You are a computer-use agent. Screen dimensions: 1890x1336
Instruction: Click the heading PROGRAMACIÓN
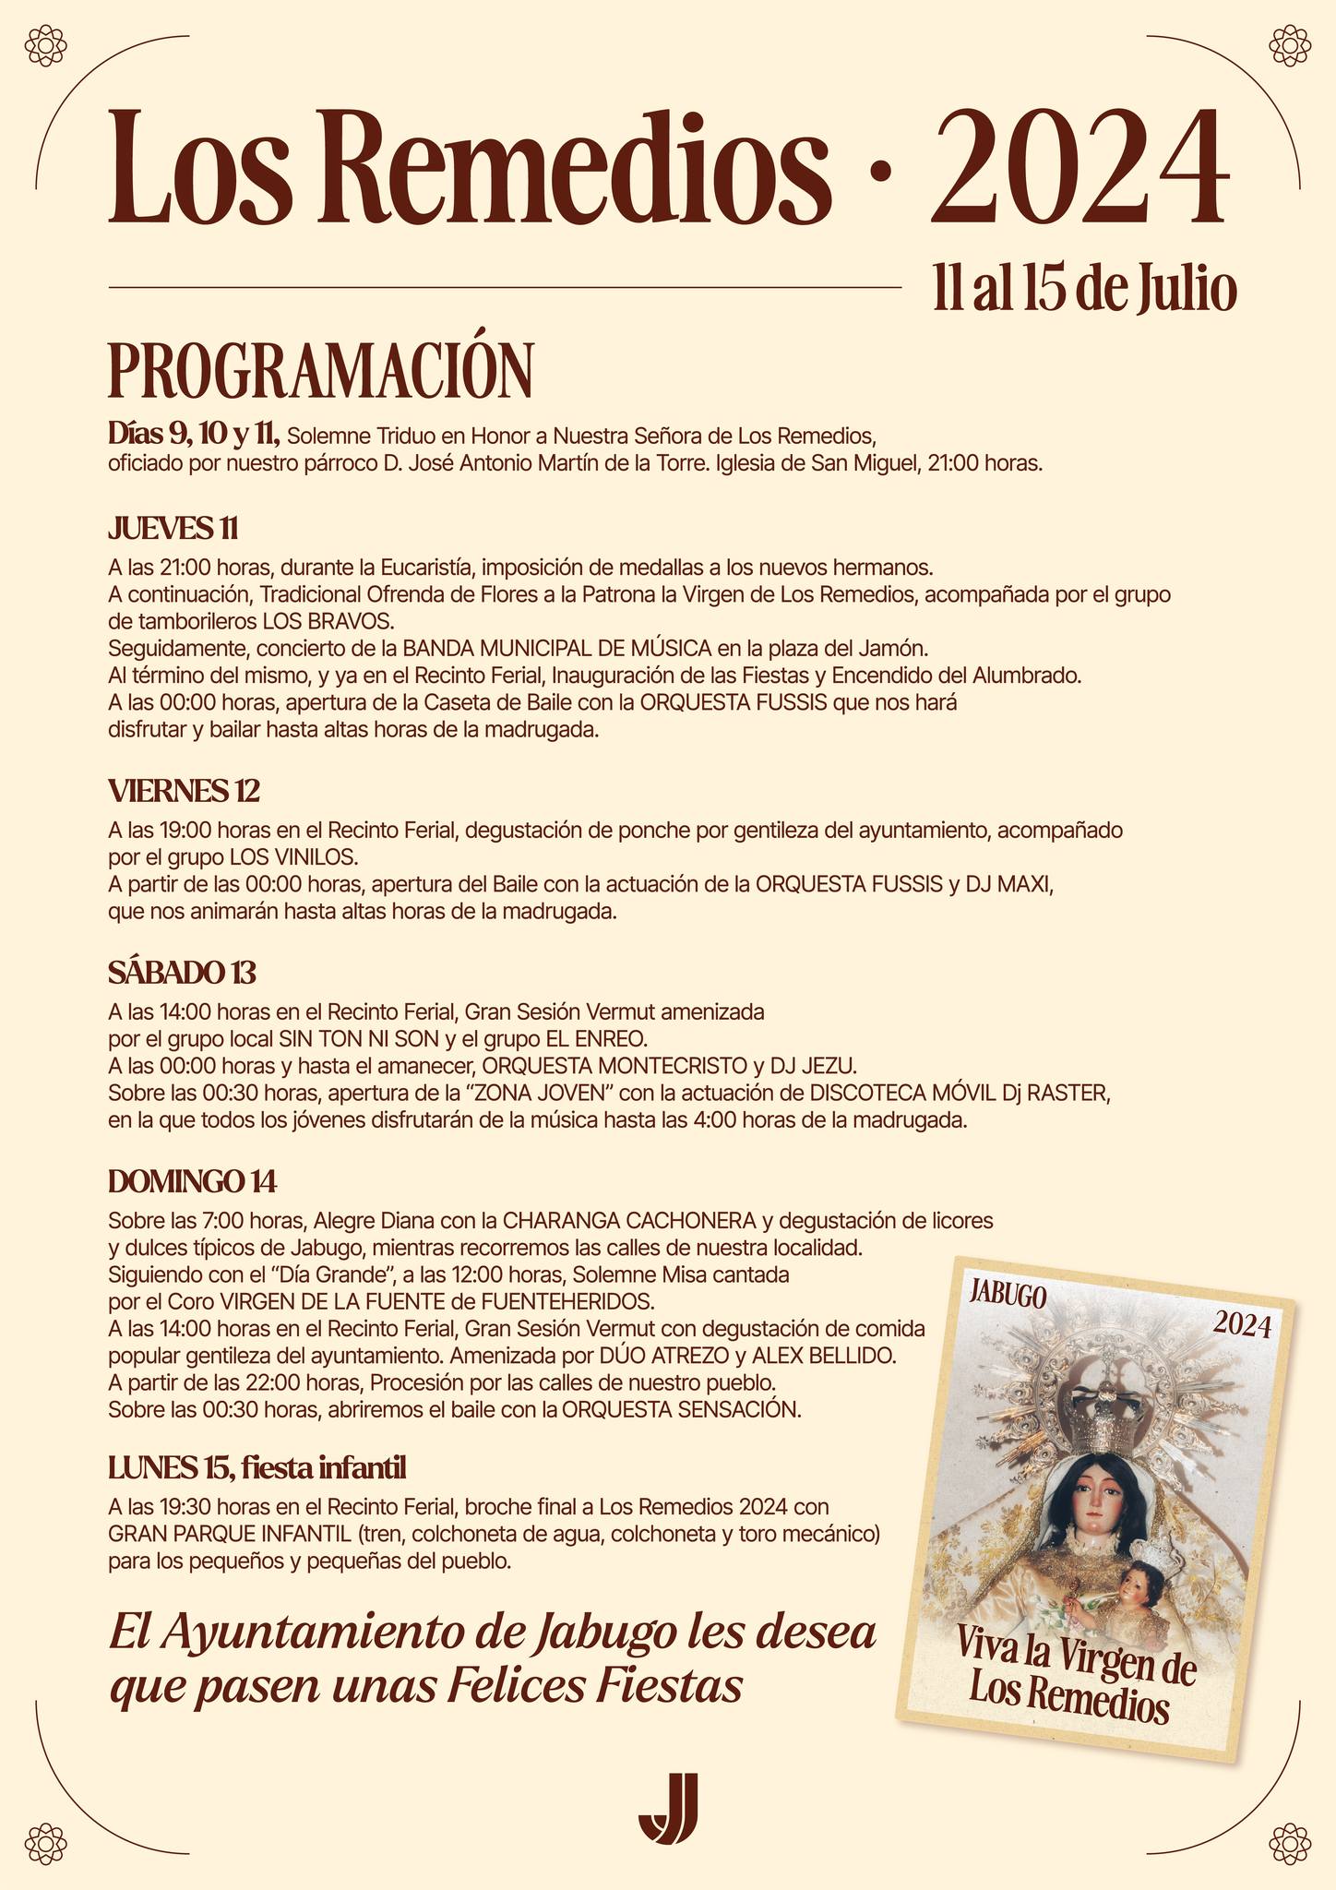click(320, 370)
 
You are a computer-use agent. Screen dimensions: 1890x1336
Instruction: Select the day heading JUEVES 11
click(173, 529)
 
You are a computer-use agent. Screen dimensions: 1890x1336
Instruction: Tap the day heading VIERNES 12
click(184, 791)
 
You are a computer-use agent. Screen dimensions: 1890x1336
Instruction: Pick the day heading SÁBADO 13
click(182, 973)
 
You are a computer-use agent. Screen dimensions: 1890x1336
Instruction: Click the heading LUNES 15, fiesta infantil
click(256, 1466)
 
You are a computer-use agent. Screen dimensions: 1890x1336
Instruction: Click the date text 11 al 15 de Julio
click(1083, 290)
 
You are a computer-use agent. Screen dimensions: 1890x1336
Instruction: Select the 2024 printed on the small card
click(1242, 1326)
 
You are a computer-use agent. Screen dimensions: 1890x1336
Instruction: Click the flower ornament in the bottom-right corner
click(1291, 1845)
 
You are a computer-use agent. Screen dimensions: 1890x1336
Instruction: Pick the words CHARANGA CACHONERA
click(629, 1220)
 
